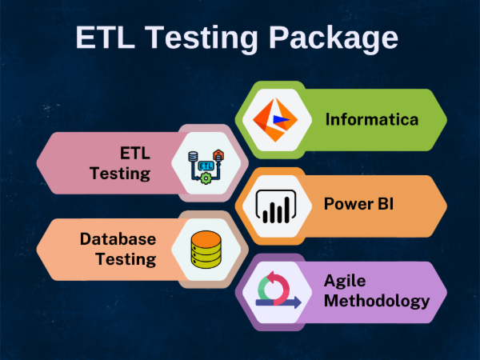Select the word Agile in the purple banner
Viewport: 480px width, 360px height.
(345, 281)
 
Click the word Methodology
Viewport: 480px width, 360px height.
(376, 301)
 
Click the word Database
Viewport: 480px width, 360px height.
(118, 238)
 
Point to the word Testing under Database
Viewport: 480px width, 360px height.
(126, 258)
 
